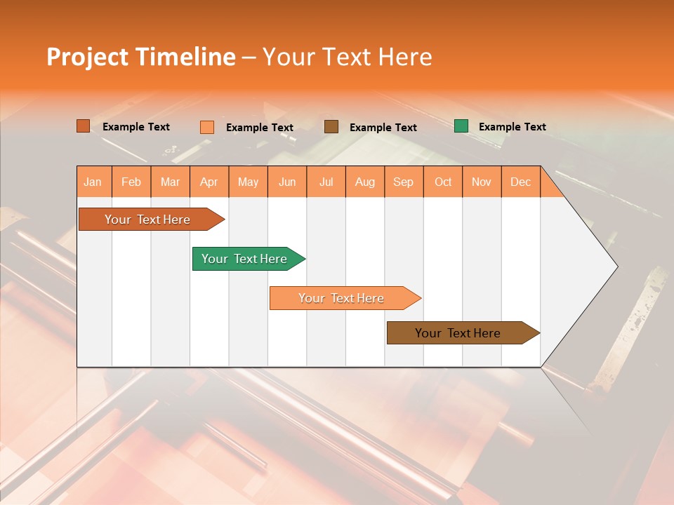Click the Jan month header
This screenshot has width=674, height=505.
tap(93, 182)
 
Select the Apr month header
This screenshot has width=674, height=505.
tap(209, 182)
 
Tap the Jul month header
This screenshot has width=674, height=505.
tap(326, 182)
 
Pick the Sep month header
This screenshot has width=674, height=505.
tap(403, 182)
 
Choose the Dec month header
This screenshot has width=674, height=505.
tap(520, 182)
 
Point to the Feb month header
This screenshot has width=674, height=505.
tap(131, 182)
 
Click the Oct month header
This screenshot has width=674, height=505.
tap(443, 182)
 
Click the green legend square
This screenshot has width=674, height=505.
tap(461, 126)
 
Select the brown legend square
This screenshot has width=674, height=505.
tap(331, 127)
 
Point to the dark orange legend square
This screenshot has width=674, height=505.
tap(84, 126)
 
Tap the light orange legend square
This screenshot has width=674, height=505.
tap(207, 127)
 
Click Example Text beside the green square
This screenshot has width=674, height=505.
tap(512, 127)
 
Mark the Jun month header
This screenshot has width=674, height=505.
tap(287, 182)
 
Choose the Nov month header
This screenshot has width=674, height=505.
tap(481, 182)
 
